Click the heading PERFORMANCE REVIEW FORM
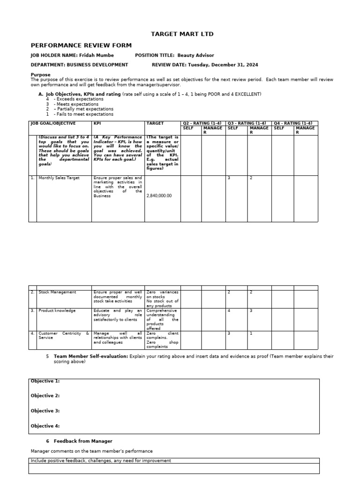[x=81, y=45]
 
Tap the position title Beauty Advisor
[x=196, y=55]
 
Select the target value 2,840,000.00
[x=159, y=195]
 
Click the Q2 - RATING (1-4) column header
[x=203, y=123]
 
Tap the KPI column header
[x=97, y=123]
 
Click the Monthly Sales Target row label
[x=59, y=178]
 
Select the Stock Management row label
[x=57, y=292]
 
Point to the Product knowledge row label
[x=57, y=310]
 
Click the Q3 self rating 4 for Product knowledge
[x=229, y=310]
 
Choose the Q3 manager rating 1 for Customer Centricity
[x=251, y=333]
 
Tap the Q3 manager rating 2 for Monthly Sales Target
[x=251, y=178]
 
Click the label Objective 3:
[x=45, y=411]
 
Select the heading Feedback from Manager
[x=83, y=441]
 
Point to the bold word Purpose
[x=40, y=75]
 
